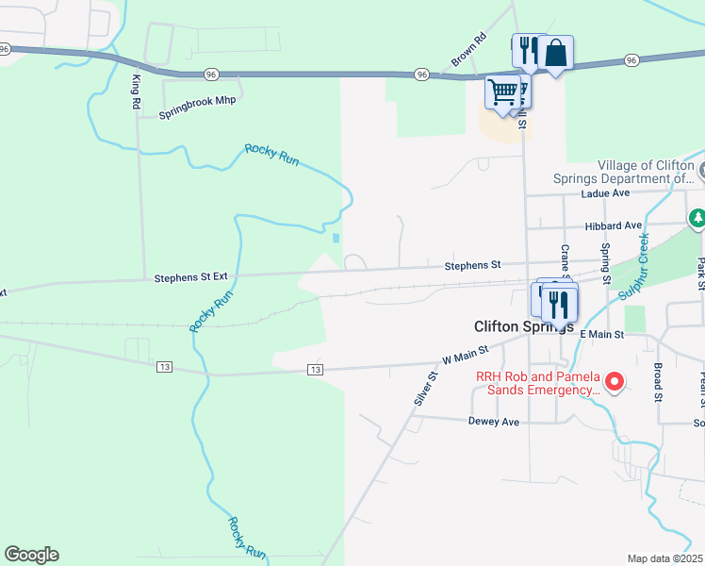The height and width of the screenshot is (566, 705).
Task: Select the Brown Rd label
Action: pos(467,50)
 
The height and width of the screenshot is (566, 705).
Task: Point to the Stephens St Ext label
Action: pos(191,277)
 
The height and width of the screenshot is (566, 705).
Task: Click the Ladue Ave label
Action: pos(606,192)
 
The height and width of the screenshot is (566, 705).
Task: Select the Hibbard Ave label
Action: pos(613,225)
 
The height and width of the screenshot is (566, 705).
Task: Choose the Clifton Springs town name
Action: pos(523,325)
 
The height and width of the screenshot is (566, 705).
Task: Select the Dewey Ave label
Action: pos(494,422)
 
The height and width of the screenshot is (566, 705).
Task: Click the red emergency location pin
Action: pos(615,381)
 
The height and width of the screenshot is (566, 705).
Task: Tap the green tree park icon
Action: pos(697,219)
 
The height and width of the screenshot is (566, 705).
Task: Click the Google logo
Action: pos(31,555)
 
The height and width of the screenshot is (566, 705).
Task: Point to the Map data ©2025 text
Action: pos(664,558)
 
